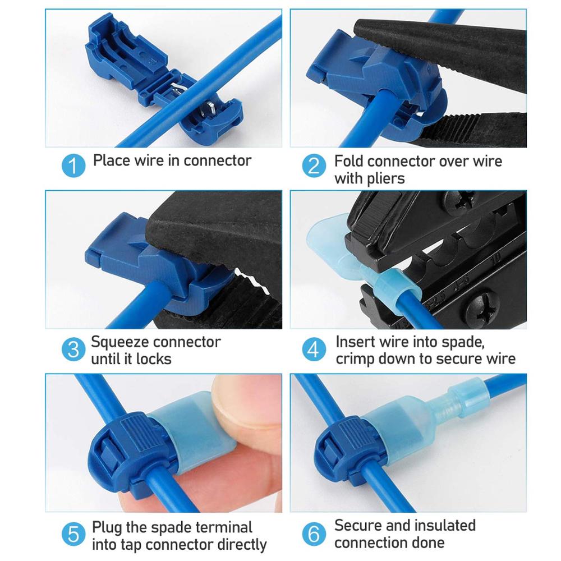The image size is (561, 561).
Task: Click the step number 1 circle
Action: pyautogui.click(x=73, y=166)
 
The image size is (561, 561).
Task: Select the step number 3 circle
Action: pyautogui.click(x=73, y=350)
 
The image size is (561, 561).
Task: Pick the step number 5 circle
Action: pyautogui.click(x=73, y=534)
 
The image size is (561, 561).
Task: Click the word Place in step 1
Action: pyautogui.click(x=112, y=160)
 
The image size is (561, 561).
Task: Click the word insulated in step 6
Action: pyautogui.click(x=440, y=526)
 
